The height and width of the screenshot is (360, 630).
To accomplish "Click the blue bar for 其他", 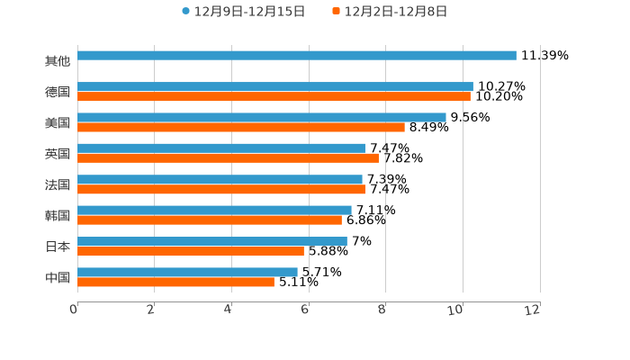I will (x=297, y=56).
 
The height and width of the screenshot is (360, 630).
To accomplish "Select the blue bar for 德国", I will (x=275, y=86).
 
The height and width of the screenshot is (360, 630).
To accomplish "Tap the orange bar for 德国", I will (x=274, y=96).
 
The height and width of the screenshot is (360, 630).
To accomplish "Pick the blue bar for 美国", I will (x=262, y=117).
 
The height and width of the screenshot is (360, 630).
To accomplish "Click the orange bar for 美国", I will (x=241, y=127).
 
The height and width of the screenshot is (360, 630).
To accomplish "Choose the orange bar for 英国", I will (x=228, y=158).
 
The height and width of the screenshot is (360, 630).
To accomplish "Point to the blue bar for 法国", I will (x=220, y=179).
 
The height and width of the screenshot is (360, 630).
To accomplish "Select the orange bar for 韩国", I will (x=210, y=220).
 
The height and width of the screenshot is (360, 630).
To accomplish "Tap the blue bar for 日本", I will (x=212, y=241).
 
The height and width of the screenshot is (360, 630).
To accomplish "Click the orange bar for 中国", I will (x=175, y=282).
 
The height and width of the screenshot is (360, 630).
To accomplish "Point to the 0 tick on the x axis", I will (x=74, y=310).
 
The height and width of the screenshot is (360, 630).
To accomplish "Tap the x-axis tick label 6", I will (x=306, y=310).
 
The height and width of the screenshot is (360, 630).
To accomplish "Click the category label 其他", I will (x=58, y=61).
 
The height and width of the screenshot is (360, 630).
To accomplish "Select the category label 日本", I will (x=58, y=247).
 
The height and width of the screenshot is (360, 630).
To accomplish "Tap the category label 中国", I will (x=58, y=277).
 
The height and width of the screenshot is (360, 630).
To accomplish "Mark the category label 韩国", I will (x=58, y=215).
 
